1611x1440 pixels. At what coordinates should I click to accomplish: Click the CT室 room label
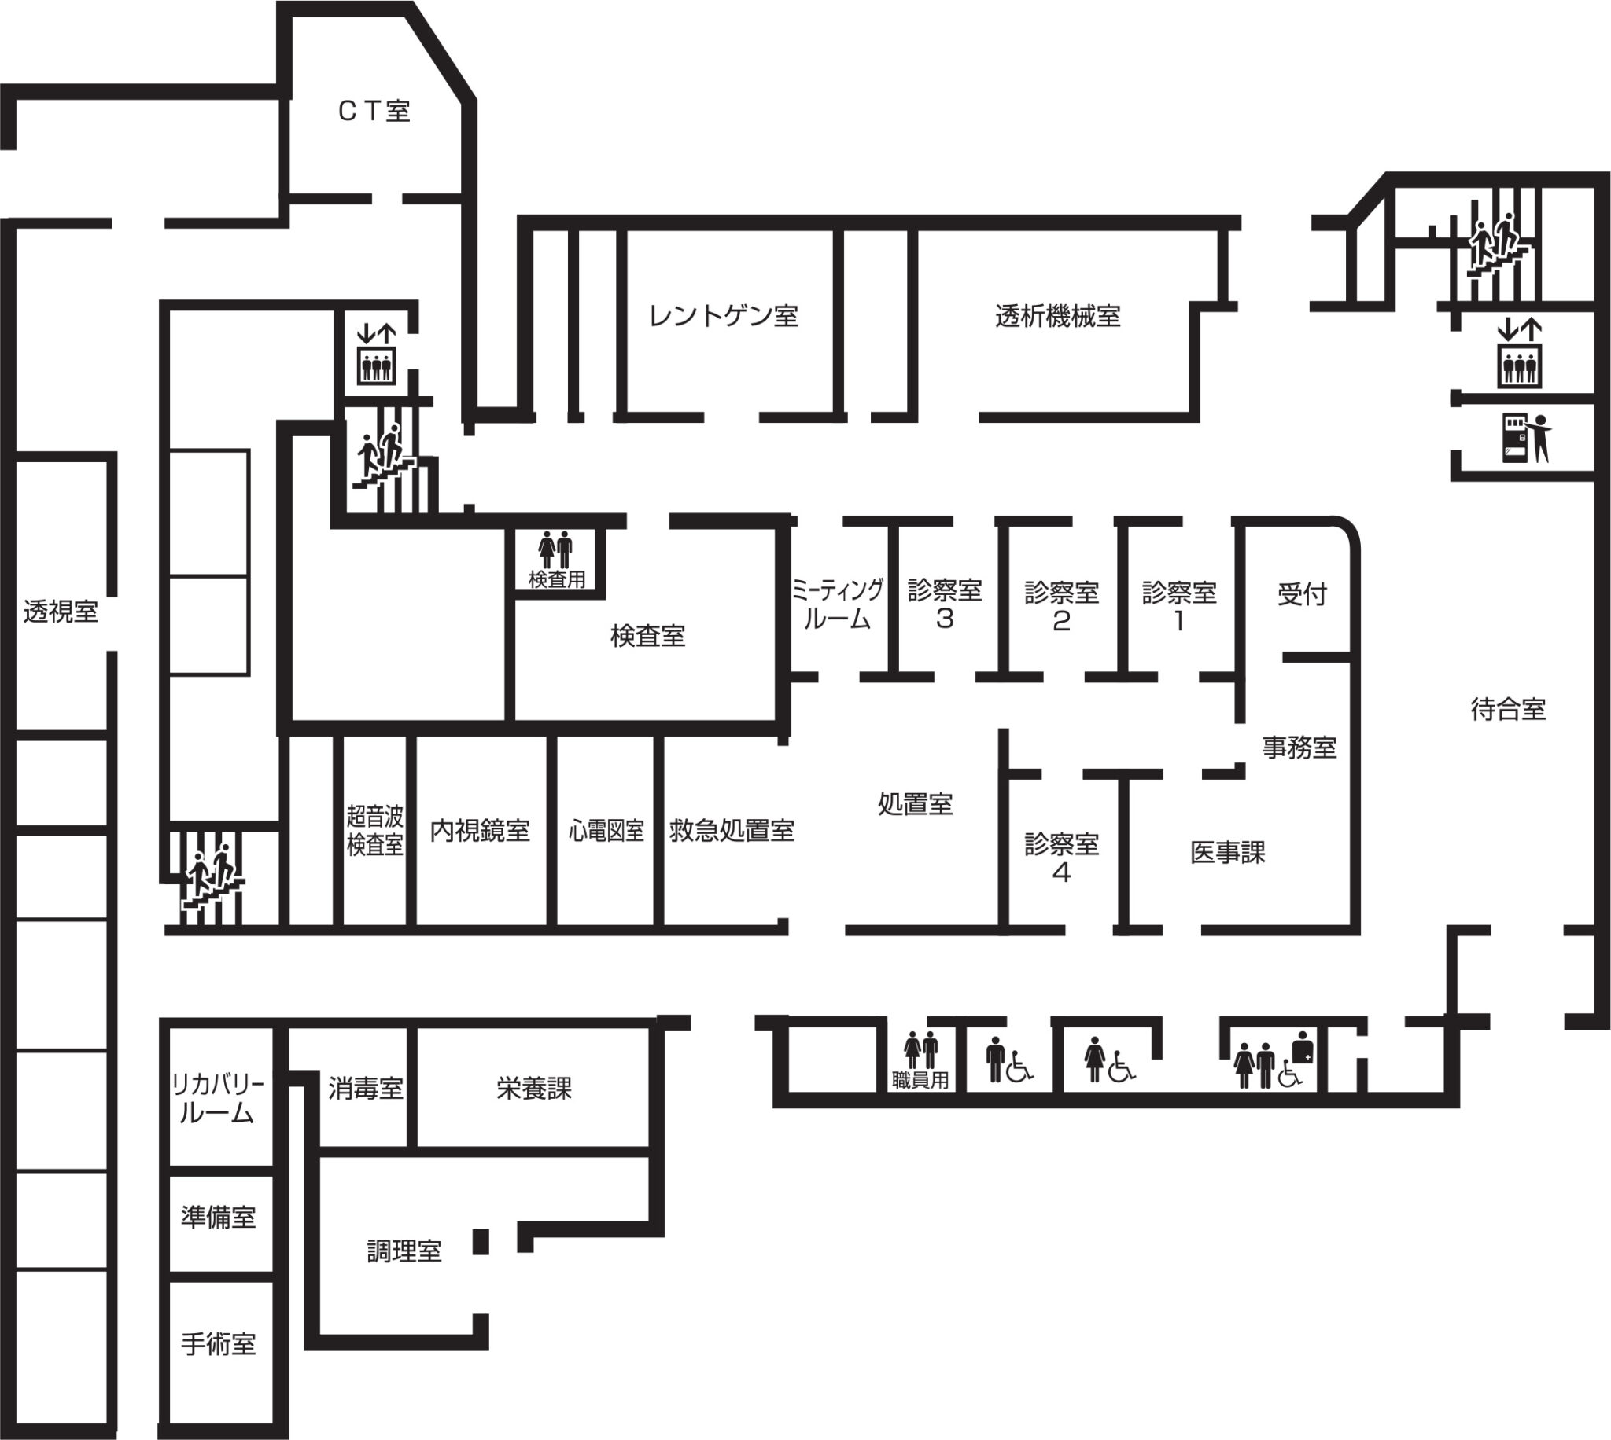[x=374, y=112]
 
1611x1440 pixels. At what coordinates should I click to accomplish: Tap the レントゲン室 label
[x=724, y=316]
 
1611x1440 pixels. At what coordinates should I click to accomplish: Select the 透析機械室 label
[x=1058, y=317]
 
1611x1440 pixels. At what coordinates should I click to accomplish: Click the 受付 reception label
[x=1303, y=593]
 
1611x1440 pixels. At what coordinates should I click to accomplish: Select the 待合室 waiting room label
[x=1508, y=709]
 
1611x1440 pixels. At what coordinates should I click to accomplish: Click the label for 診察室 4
[x=1062, y=858]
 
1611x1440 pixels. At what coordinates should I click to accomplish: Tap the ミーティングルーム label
[x=838, y=604]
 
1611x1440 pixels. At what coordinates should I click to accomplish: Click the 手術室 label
[x=219, y=1344]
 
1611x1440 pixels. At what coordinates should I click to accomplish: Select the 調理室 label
[x=404, y=1251]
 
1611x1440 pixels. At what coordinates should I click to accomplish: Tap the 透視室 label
[x=61, y=611]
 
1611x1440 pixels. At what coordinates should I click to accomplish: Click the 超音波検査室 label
[x=375, y=830]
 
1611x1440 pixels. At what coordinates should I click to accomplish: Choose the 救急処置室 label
[x=732, y=830]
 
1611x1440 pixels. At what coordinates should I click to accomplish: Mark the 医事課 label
[x=1228, y=852]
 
